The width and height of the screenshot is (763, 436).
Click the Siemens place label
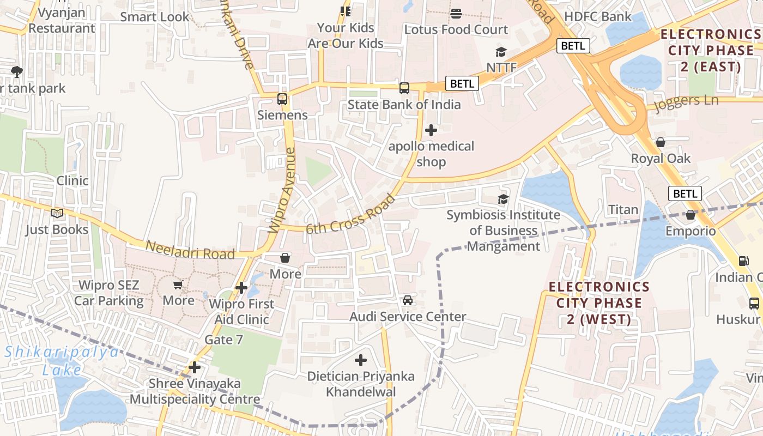(x=282, y=115)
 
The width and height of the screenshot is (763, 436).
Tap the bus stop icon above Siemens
(x=282, y=99)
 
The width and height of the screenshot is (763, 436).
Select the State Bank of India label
(x=404, y=104)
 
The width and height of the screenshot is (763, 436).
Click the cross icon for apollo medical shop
(x=431, y=130)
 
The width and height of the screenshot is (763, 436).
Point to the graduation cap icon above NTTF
(x=501, y=52)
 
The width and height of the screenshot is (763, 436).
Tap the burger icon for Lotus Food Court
(x=456, y=14)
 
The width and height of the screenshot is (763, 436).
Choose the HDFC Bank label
(x=598, y=16)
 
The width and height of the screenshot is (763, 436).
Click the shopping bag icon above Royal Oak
(x=661, y=143)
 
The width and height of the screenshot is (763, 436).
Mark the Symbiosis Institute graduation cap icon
(x=503, y=199)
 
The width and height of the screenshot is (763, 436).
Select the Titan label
(x=623, y=209)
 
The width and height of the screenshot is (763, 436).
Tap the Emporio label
(x=691, y=231)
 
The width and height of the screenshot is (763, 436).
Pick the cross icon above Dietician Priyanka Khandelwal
(x=360, y=360)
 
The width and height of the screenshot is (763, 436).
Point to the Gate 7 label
(x=223, y=340)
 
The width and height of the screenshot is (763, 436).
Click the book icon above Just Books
(x=57, y=214)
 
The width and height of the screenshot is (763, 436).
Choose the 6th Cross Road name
(x=350, y=214)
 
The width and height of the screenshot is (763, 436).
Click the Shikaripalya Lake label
(x=62, y=361)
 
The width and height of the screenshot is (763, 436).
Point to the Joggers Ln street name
(x=687, y=102)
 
